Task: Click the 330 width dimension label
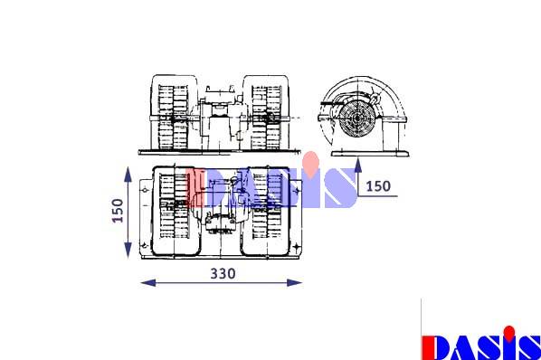[x=223, y=273]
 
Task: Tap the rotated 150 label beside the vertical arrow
[x=118, y=211]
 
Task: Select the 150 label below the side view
[x=378, y=186]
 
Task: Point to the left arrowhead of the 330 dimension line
[x=148, y=283]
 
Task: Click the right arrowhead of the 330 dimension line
[x=295, y=283]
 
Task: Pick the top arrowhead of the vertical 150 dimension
[x=128, y=175]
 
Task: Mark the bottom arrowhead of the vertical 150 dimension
[x=128, y=250]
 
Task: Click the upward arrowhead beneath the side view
[x=358, y=165]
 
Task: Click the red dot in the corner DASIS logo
[x=509, y=332]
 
